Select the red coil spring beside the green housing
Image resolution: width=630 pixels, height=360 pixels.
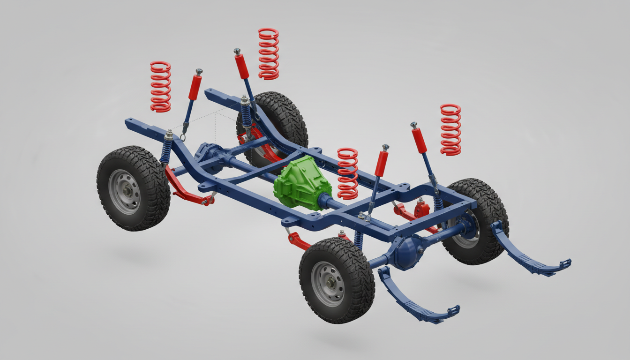click(347, 173)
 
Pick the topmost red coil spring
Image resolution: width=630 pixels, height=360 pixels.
click(269, 53)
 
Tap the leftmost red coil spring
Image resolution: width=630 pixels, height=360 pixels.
click(160, 87)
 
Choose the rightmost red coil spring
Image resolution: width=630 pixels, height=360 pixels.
click(450, 129)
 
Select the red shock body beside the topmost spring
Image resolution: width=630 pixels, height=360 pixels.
click(242, 66)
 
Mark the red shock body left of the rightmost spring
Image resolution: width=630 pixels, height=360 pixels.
click(420, 140)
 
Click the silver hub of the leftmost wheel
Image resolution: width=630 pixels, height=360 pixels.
click(124, 192)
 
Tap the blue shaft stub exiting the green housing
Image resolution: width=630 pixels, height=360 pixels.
click(328, 202)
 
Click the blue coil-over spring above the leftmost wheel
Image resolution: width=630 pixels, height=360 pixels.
click(166, 150)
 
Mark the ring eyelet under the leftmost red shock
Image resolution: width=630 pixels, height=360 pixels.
click(183, 137)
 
